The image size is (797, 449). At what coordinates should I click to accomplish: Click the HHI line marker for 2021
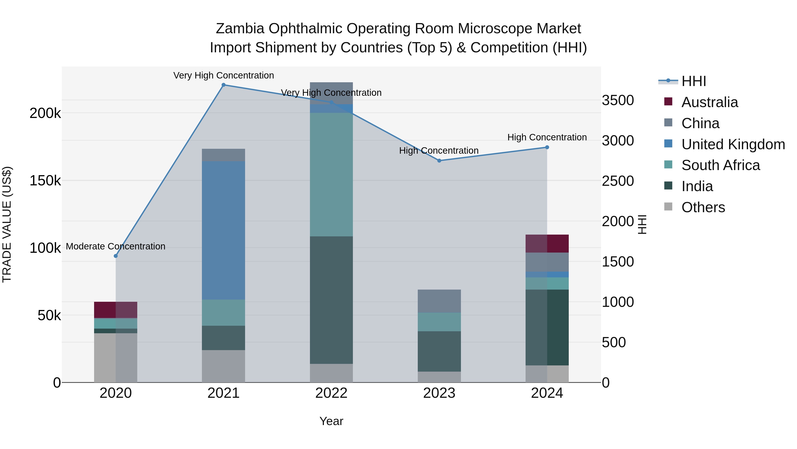coord(223,85)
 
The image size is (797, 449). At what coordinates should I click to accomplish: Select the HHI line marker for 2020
coord(116,256)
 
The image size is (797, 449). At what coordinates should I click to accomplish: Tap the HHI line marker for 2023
coord(439,161)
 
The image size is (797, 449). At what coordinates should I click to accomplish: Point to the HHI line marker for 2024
coord(547,147)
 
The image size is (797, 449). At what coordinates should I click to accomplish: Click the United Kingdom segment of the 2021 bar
coord(223,230)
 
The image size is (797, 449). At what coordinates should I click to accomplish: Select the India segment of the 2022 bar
coord(331,300)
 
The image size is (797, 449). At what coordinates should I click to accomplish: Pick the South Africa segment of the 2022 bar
coord(331,175)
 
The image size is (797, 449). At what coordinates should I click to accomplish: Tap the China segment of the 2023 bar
coord(439,301)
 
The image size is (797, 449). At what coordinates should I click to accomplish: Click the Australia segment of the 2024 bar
coord(547,243)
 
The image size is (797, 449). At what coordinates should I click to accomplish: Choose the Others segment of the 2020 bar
coord(116,358)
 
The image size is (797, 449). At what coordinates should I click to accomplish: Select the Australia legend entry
coord(710,102)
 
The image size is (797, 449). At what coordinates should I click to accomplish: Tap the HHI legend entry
coord(693,81)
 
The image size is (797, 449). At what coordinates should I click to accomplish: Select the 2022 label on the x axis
coord(331,393)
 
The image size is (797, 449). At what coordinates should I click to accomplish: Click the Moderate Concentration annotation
coord(116,246)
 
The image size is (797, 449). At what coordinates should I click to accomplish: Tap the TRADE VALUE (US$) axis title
coord(7,224)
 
